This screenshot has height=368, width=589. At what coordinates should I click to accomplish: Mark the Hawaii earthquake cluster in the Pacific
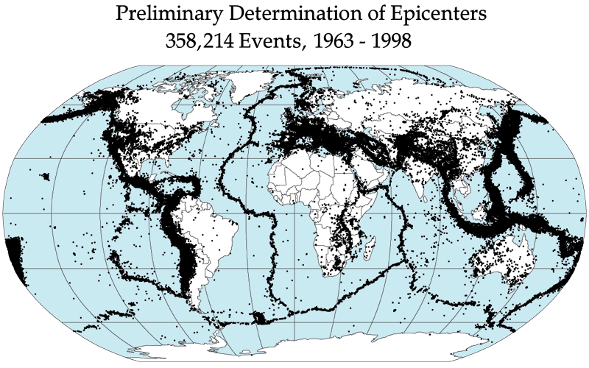tap(46, 177)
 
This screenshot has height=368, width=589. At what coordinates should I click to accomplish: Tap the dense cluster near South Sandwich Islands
tap(259, 318)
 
